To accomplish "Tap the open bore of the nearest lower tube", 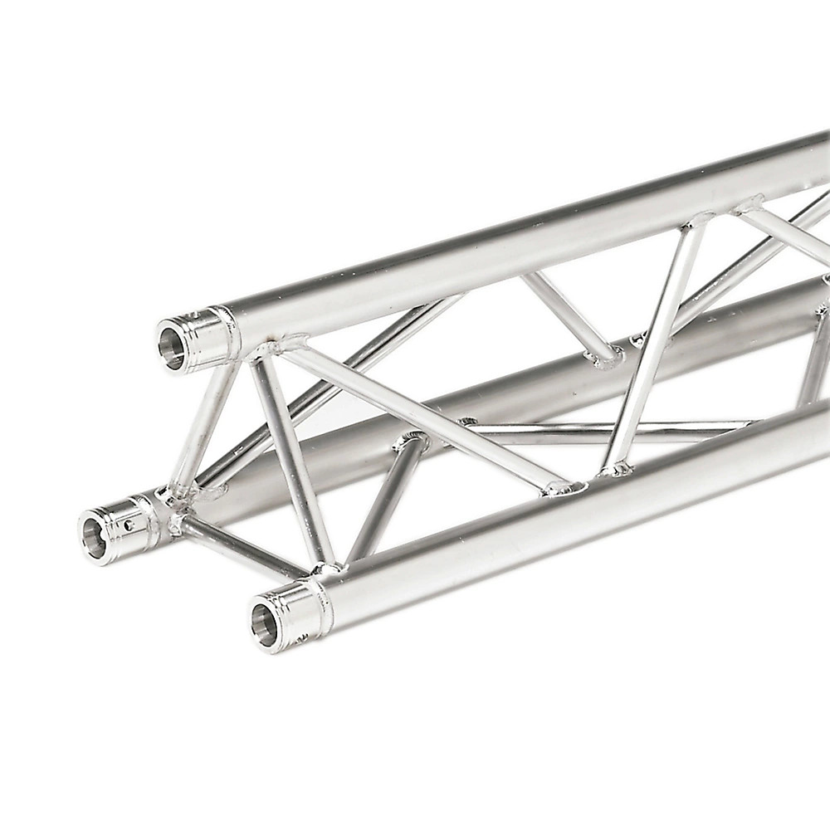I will click(x=265, y=624).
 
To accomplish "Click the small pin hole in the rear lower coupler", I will click(x=129, y=525).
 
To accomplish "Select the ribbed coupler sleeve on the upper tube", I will click(x=203, y=336).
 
